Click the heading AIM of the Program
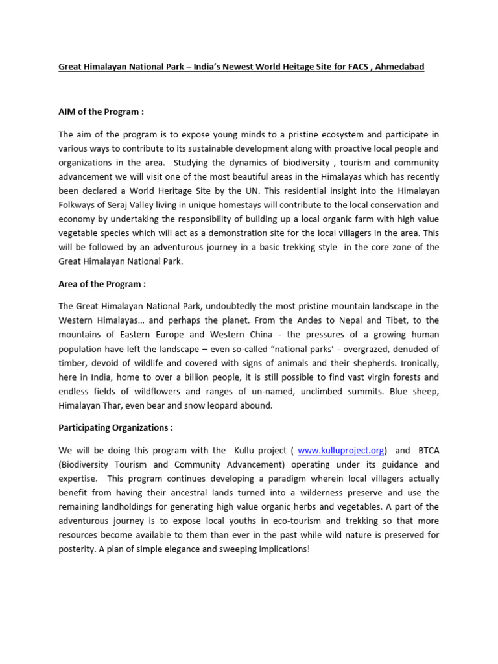101,112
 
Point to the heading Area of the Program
102,283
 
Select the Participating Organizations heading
115,427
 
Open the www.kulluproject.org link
341,450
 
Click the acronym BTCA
426,450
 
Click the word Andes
300,320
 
